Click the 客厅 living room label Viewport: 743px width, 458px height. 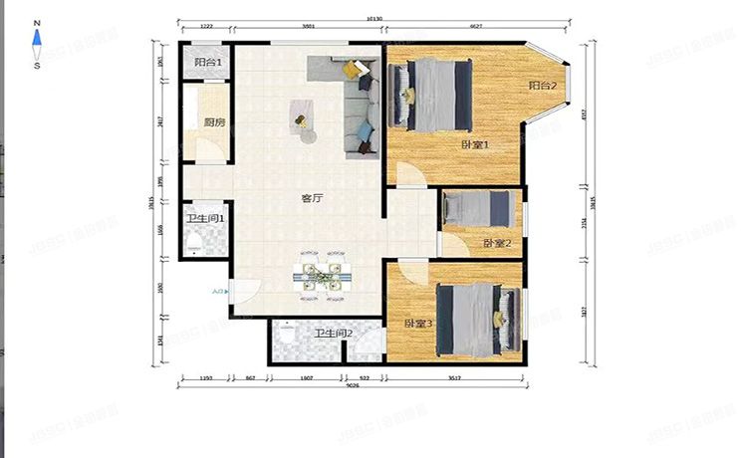click(312, 198)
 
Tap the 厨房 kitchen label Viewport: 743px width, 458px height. click(214, 123)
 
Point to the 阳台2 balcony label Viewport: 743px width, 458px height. click(542, 87)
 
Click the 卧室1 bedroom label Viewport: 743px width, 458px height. click(476, 146)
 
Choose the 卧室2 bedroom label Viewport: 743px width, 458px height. click(497, 243)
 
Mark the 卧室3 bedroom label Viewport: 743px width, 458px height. click(417, 324)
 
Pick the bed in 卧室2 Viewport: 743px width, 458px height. click(479, 209)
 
